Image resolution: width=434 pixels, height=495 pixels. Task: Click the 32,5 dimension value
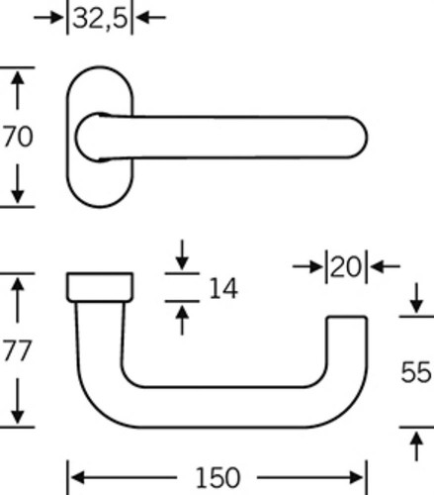[100, 19]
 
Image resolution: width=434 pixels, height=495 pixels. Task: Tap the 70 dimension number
[18, 137]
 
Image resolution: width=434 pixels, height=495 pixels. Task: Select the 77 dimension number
[18, 350]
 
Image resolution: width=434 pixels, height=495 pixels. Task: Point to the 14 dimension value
[223, 288]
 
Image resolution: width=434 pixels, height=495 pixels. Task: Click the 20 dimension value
[346, 266]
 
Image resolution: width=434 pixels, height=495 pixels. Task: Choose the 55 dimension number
[416, 372]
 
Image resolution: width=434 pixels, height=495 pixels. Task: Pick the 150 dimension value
[217, 477]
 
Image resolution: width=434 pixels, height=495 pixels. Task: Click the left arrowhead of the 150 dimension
[78, 477]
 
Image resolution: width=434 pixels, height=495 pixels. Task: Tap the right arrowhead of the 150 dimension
[357, 477]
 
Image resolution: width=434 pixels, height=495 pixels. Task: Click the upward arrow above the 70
[18, 90]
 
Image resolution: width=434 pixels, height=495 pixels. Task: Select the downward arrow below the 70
[18, 183]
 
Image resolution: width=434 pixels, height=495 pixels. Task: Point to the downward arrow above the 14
[182, 254]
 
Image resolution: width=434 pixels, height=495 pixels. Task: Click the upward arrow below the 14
[182, 321]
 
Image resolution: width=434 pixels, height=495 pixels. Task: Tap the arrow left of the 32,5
[48, 18]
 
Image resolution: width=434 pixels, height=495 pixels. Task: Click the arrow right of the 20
[386, 266]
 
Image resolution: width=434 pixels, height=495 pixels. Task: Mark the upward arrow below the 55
[416, 446]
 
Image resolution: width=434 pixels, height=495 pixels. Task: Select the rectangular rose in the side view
[100, 287]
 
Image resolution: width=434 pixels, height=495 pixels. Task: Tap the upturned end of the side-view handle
[347, 344]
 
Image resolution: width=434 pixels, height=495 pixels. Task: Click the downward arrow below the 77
[18, 401]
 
